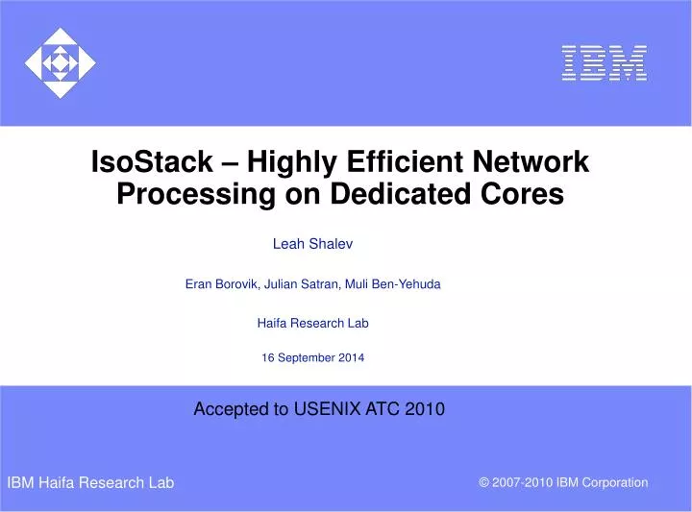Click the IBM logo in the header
(x=604, y=62)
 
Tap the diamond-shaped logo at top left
(x=60, y=64)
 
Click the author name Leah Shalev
(x=312, y=244)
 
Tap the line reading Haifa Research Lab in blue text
(x=312, y=324)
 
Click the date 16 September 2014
(x=312, y=358)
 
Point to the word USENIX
(x=326, y=409)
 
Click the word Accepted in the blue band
(x=231, y=409)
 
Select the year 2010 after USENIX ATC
(x=425, y=409)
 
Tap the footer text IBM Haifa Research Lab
(x=90, y=482)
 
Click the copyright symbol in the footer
(x=483, y=482)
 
